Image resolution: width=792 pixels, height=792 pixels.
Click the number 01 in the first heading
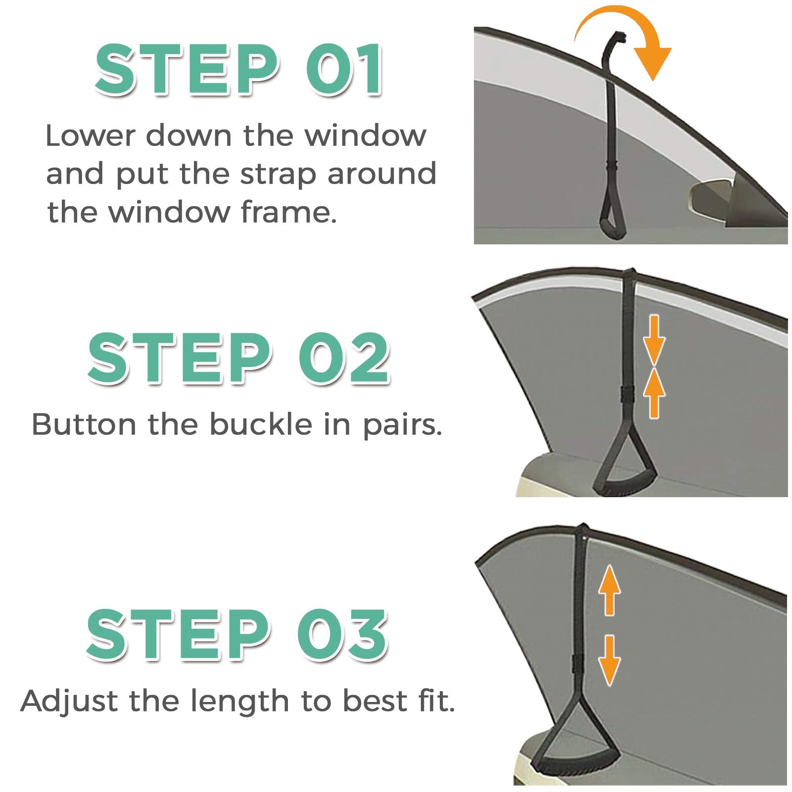click(344, 69)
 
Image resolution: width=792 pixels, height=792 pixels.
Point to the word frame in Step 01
click(289, 212)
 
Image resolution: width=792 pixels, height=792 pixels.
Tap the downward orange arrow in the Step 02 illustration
click(654, 341)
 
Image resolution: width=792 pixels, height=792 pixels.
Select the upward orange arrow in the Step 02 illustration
click(654, 394)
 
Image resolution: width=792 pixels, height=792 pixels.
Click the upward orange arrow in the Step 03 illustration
click(609, 590)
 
